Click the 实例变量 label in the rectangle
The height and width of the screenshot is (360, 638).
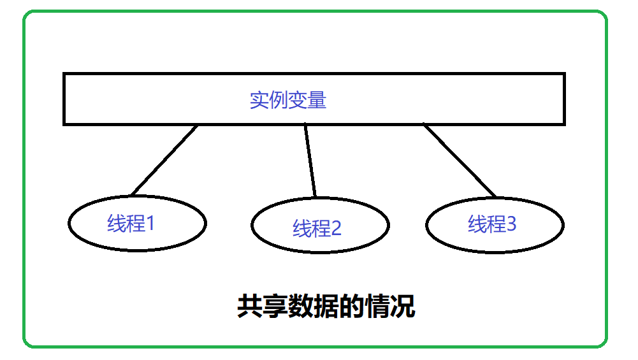click(287, 101)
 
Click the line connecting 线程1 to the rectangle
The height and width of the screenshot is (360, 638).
click(164, 160)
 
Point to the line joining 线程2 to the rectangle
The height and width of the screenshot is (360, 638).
click(310, 160)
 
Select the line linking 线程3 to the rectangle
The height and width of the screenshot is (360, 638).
click(460, 160)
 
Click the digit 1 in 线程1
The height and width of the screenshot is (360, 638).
click(150, 223)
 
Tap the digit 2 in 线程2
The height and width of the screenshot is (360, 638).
click(336, 228)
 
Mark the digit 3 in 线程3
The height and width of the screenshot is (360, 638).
click(511, 224)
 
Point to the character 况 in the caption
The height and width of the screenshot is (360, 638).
click(403, 307)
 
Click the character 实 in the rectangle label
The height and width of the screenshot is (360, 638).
click(259, 101)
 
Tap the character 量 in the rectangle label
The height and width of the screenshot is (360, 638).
click(317, 101)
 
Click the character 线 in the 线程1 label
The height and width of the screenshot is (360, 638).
click(117, 224)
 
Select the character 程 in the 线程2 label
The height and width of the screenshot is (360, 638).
click(321, 228)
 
